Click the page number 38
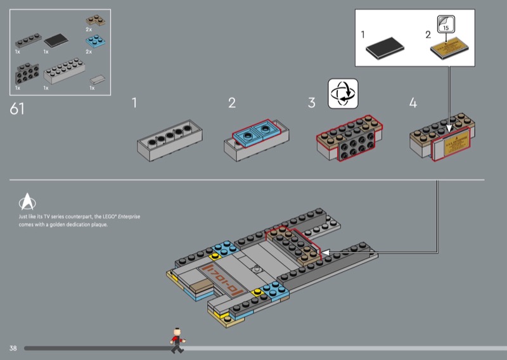[13, 348]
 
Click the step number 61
[18, 108]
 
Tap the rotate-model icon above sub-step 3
[343, 93]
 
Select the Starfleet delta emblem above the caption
[29, 201]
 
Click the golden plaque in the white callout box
[449, 51]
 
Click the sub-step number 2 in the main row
[232, 103]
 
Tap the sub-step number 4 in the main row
[413, 103]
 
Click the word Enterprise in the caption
[129, 217]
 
